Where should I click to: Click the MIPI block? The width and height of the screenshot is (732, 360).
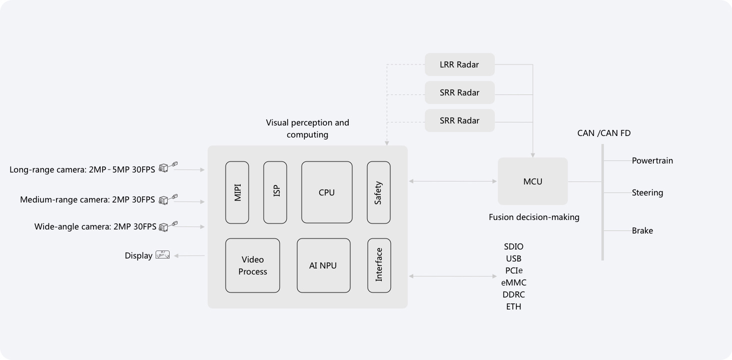click(237, 192)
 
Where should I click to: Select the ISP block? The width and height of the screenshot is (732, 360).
click(275, 192)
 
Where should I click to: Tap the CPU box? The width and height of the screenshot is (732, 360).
click(327, 192)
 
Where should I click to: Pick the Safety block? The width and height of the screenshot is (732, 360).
click(379, 192)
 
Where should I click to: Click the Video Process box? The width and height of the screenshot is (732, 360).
click(253, 265)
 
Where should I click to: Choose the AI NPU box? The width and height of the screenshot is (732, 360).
click(323, 265)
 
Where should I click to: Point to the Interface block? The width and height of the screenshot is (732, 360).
click(379, 265)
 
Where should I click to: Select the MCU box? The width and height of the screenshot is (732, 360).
click(533, 181)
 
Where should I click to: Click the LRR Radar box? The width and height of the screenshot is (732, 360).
click(459, 64)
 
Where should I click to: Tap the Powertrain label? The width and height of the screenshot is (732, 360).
click(652, 160)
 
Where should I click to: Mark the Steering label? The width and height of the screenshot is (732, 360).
click(647, 192)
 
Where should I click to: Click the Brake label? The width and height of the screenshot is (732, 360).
click(642, 230)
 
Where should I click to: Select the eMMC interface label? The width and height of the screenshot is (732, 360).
click(514, 282)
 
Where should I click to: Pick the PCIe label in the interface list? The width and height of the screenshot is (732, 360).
click(514, 270)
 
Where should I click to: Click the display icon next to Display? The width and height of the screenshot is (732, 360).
click(163, 254)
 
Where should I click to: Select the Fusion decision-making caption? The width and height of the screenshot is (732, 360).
click(534, 217)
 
